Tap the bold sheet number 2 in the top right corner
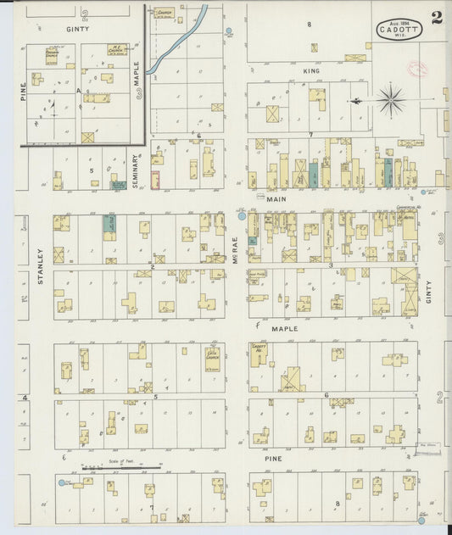(437, 18)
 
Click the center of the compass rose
(390, 101)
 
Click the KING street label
(311, 71)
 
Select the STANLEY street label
(40, 265)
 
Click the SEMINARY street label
(136, 169)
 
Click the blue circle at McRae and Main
(242, 216)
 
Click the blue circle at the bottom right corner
(421, 513)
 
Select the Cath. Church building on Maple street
(212, 358)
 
